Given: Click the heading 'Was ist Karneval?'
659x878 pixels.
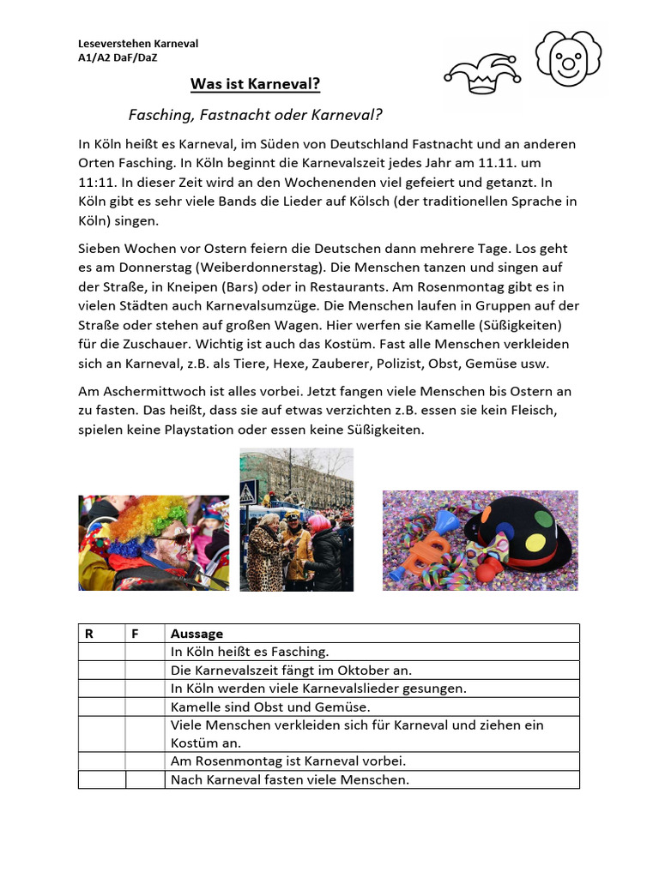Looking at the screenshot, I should (x=255, y=85).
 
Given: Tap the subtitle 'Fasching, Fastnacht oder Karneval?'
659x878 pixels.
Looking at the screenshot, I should (x=255, y=114).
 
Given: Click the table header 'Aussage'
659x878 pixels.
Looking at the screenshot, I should (x=196, y=634).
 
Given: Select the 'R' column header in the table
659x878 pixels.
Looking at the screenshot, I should (x=88, y=634).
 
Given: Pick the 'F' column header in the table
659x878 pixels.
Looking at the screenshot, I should (x=135, y=634).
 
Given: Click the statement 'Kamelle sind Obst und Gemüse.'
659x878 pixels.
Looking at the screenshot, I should (x=270, y=707).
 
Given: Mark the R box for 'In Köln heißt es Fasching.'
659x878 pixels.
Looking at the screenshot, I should (x=101, y=652).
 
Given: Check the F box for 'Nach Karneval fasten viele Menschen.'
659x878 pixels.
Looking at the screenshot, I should (x=145, y=779).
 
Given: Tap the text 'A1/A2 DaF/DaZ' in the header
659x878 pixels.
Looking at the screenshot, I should (x=118, y=57).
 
